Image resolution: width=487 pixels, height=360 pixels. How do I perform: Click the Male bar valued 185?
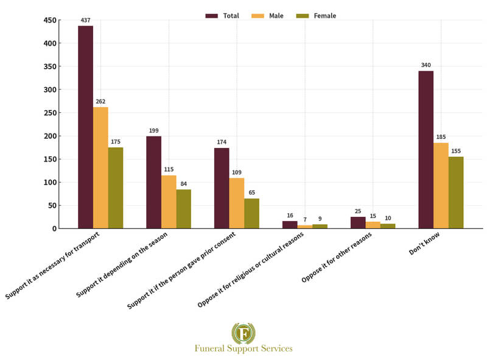[441, 185]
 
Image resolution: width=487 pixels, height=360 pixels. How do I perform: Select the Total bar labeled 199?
[153, 182]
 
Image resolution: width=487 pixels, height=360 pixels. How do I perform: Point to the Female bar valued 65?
[251, 213]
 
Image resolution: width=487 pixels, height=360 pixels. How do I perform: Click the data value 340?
[426, 65]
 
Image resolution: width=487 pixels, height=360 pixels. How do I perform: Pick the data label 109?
[237, 172]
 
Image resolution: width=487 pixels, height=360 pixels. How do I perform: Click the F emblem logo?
[243, 333]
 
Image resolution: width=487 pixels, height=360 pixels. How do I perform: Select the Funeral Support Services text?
[243, 349]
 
